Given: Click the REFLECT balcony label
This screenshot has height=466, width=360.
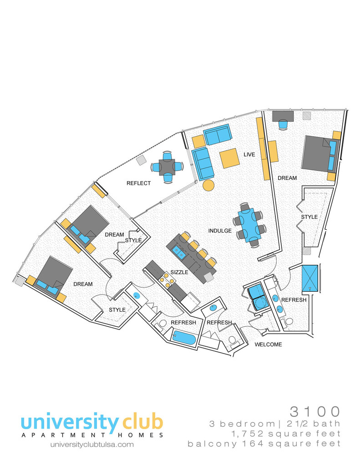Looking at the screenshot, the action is tap(138, 183).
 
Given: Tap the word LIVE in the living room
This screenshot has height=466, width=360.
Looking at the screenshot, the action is tap(249, 155).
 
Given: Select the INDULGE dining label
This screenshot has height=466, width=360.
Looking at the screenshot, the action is tap(220, 231).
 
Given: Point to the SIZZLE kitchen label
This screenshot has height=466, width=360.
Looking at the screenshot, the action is tap(179, 272).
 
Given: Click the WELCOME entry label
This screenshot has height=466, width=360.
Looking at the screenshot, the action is tap(268, 344).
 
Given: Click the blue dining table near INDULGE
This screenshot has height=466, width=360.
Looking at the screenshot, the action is tap(250, 225).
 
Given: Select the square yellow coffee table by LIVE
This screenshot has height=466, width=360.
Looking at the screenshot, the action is tap(229, 158).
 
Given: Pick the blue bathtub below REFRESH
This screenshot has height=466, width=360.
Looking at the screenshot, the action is tap(184, 337).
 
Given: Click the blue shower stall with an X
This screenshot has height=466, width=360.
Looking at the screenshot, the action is tap(310, 279).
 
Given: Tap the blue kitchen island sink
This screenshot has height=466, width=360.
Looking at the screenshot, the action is tap(180, 252).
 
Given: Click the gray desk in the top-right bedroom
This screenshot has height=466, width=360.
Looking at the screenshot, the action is tap(283, 116).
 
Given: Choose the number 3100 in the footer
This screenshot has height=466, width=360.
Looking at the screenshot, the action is tap(315, 411).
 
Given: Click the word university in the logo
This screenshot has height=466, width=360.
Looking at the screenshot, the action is tap(70, 422).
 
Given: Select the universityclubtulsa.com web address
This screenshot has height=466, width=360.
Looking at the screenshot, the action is tap(92, 445).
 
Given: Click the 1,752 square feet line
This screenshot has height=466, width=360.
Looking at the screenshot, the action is tap(286, 434).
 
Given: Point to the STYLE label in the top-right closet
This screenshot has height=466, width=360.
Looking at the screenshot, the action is tap(309, 217).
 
